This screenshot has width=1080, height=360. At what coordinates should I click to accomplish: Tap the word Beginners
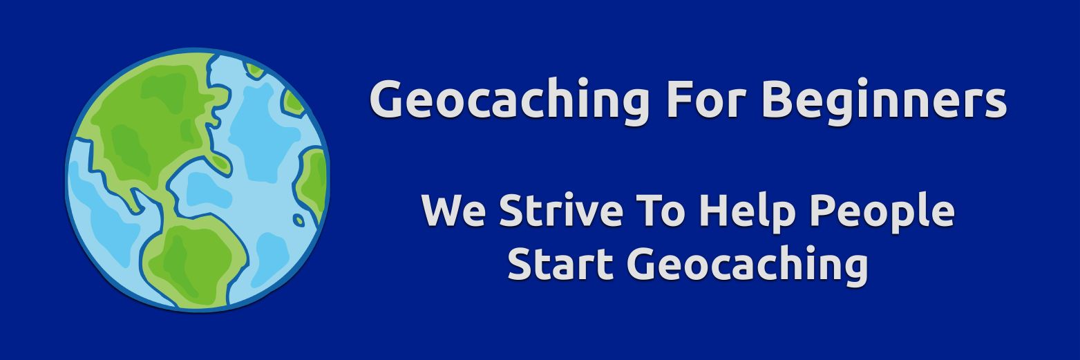(884, 100)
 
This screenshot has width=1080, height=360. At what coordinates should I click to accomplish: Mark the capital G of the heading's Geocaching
(388, 99)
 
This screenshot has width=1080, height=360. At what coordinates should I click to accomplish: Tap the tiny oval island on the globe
(299, 220)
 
